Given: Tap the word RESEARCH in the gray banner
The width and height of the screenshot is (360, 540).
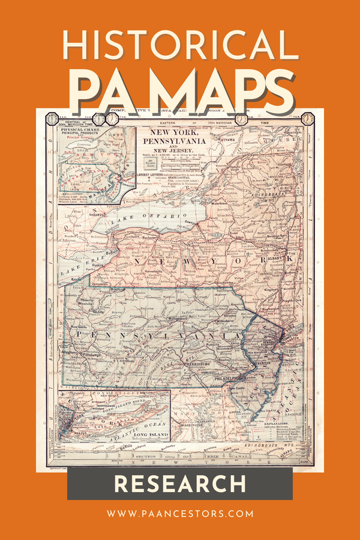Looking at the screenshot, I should pos(180,484).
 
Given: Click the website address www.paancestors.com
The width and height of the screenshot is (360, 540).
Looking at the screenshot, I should pos(180,514).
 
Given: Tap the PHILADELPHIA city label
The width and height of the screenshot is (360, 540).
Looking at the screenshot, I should pos(224,377).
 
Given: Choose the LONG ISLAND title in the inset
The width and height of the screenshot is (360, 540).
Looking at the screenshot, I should pos(148,434).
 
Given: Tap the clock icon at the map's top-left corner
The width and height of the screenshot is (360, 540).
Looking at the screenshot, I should pos(50,118).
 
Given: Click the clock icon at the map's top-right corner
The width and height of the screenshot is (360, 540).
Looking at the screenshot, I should pos(307,118).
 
